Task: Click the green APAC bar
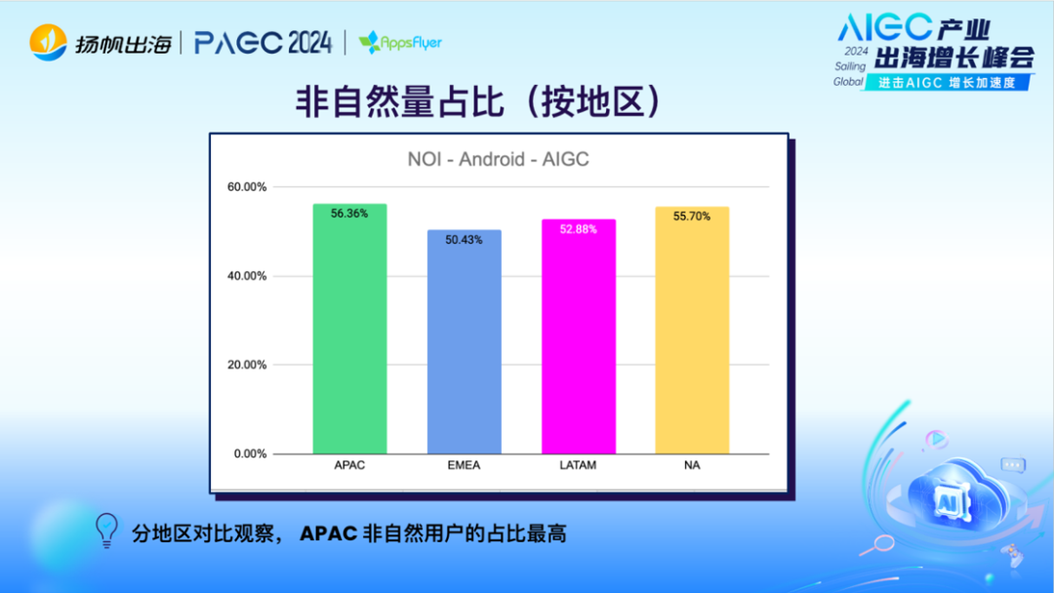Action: (x=349, y=332)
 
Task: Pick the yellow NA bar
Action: (x=692, y=332)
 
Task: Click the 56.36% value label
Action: (x=349, y=214)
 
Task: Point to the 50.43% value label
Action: (x=464, y=240)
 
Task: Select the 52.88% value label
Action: (x=578, y=229)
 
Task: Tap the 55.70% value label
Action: (x=692, y=217)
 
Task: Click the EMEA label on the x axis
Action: (x=464, y=465)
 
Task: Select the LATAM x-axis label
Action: (x=578, y=465)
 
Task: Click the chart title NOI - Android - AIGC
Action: (x=498, y=159)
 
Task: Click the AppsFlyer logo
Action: (x=400, y=43)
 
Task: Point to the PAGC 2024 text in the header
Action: (x=263, y=43)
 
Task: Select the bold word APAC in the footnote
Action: (x=328, y=534)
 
